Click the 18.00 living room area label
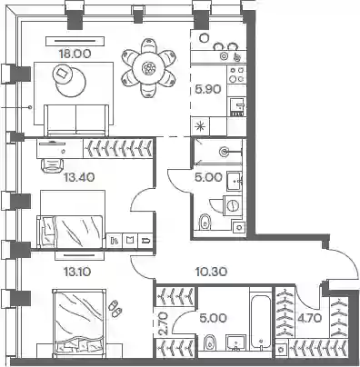[75, 54]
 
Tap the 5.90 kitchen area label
[208, 89]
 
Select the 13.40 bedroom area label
[79, 177]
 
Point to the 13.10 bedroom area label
[77, 272]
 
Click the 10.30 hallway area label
[211, 272]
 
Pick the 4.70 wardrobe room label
[309, 318]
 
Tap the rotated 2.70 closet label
[164, 324]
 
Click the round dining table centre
[148, 69]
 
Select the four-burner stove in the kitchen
[236, 74]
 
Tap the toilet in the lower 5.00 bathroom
[209, 342]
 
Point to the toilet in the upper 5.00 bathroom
[205, 223]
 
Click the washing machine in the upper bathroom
[233, 205]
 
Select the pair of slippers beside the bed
[115, 308]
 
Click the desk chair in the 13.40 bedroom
[52, 165]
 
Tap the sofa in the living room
[76, 120]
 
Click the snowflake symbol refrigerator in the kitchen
[200, 126]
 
